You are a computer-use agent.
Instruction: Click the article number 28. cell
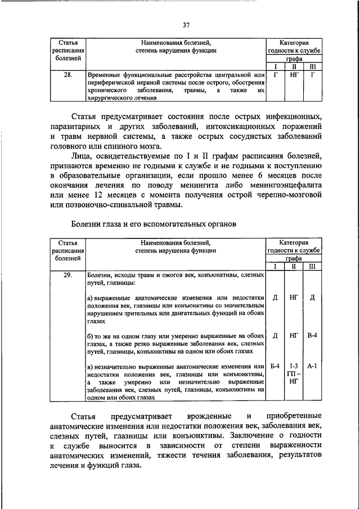click(67, 74)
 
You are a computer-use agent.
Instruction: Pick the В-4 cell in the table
click(312, 335)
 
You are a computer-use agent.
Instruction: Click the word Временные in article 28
click(106, 74)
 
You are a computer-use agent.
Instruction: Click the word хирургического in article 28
click(111, 98)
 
